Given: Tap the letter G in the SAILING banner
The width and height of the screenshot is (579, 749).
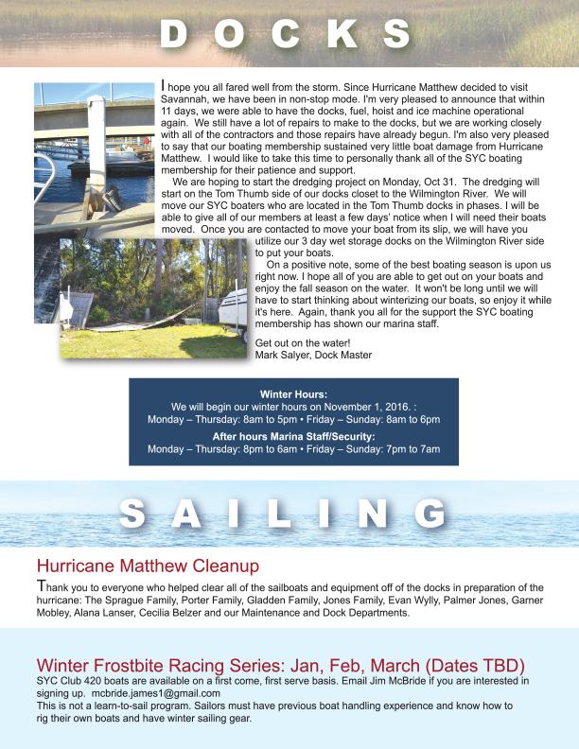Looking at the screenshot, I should click(x=430, y=514).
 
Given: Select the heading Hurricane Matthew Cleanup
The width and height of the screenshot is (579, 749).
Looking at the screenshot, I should click(x=147, y=566).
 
